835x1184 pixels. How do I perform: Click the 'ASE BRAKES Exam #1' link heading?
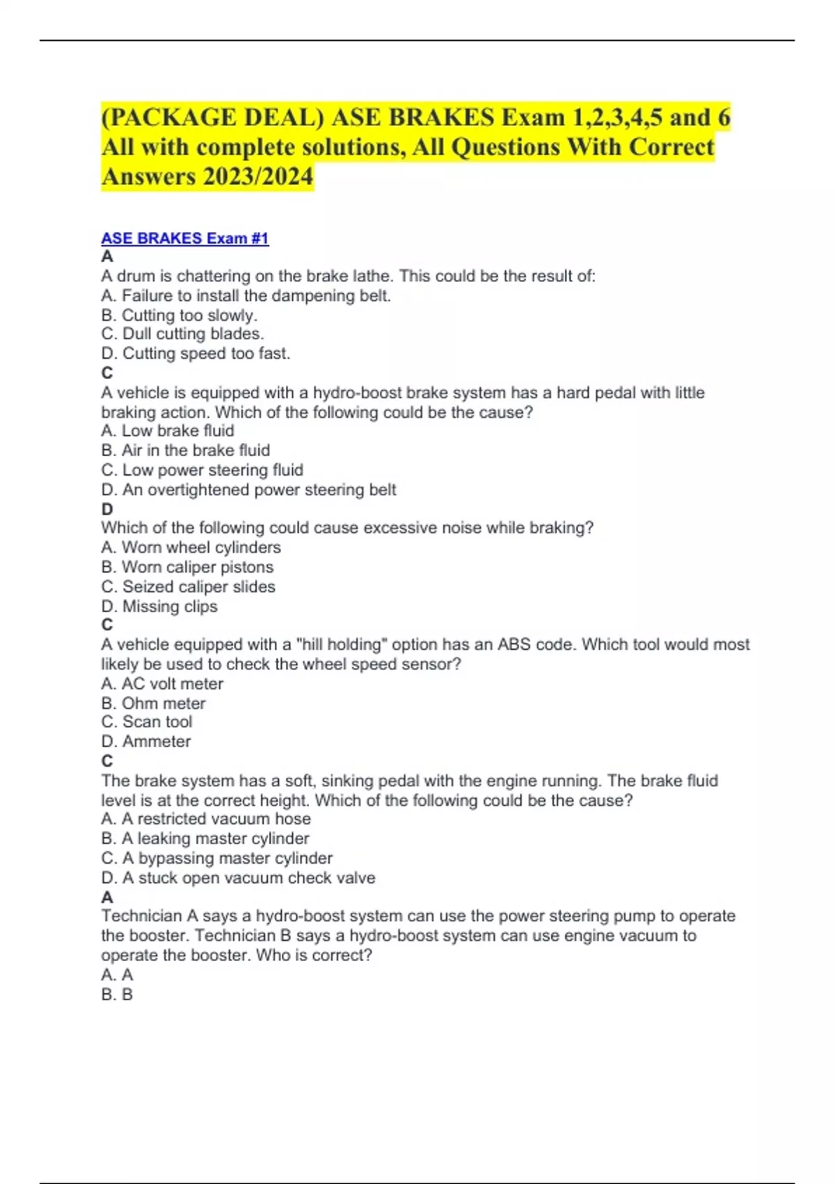[x=184, y=238]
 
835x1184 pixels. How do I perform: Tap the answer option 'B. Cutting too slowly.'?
[x=179, y=315]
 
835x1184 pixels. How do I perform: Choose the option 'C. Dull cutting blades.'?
[x=182, y=334]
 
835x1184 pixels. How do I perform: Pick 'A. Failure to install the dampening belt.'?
[x=246, y=295]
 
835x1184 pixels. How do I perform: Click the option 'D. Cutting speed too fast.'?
[x=196, y=353]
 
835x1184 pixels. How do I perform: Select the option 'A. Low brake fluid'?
[x=168, y=430]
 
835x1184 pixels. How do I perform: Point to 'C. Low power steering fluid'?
[x=202, y=469]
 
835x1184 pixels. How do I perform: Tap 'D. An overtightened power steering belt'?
[x=248, y=490]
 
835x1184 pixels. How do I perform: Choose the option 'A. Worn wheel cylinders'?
[x=191, y=547]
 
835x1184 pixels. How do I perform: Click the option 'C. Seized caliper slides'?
[x=188, y=586]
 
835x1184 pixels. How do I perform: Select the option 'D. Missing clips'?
[x=159, y=606]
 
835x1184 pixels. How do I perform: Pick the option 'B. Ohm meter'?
[x=153, y=703]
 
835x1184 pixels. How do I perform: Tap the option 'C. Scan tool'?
[x=146, y=722]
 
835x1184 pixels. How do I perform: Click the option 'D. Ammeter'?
[x=145, y=741]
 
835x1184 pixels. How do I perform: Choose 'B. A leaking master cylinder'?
[x=205, y=839]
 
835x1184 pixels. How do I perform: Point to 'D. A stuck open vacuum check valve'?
[x=238, y=878]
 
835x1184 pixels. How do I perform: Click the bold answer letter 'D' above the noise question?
[x=107, y=509]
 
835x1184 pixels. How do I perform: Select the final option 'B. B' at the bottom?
[x=117, y=994]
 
